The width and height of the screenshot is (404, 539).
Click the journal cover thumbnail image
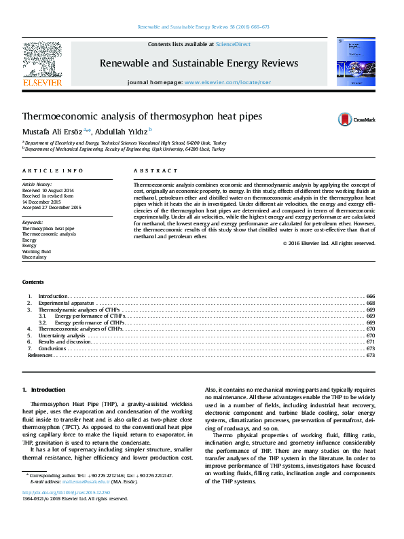(x=352, y=62)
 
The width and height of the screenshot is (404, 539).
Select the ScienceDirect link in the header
(x=233, y=44)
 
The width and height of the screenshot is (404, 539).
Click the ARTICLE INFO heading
(x=53, y=171)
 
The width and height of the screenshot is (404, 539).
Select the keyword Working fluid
(x=37, y=251)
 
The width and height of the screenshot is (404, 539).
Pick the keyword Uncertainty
(x=35, y=257)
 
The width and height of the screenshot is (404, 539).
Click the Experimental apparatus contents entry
(x=65, y=303)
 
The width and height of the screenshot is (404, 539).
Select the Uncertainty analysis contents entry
(x=62, y=335)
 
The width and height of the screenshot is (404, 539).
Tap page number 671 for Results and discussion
(x=371, y=342)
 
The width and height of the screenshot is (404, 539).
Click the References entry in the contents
(x=39, y=355)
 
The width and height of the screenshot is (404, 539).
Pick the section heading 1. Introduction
(x=44, y=390)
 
